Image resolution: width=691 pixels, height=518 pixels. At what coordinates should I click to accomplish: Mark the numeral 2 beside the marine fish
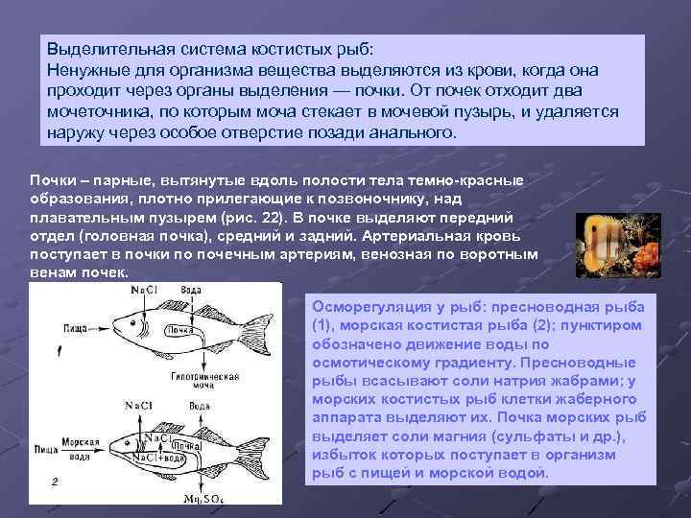55,482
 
